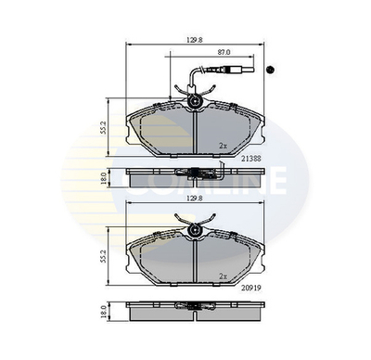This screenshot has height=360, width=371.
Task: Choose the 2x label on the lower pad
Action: (223, 276)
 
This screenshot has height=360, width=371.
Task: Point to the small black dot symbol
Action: (272, 71)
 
